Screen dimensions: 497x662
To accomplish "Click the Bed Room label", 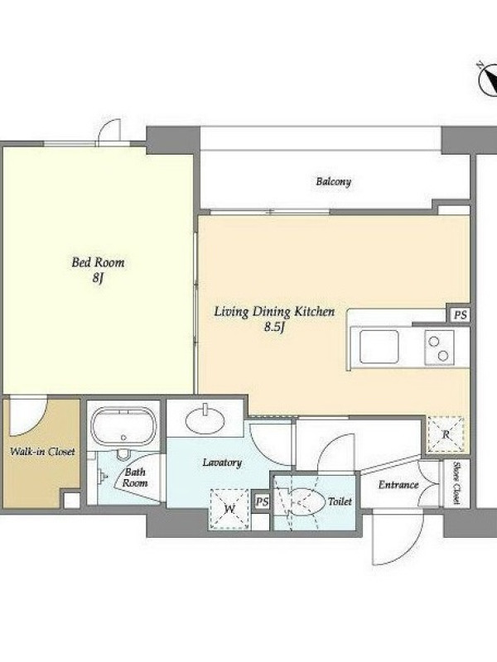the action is (x=98, y=262).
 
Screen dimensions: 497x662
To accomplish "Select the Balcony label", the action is (x=334, y=182).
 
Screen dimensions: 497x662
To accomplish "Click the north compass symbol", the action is (x=489, y=80).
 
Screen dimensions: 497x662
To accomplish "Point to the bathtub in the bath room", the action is (x=123, y=426).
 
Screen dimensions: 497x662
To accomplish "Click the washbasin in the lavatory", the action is (x=205, y=420).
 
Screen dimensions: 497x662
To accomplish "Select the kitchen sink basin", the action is (x=379, y=346).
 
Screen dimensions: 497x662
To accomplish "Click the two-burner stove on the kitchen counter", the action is (x=440, y=348).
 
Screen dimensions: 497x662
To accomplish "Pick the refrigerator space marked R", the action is (x=446, y=434).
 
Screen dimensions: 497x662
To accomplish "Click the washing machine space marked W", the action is (x=229, y=509).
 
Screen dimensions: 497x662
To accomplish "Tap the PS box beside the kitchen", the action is (x=461, y=315).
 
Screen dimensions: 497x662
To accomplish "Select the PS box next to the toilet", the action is (x=262, y=501).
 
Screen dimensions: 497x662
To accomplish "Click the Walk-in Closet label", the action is (x=42, y=451).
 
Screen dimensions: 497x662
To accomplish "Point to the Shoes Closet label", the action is (x=456, y=483).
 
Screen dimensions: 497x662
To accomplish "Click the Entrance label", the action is (x=398, y=485).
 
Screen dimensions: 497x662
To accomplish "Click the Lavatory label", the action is (x=222, y=463).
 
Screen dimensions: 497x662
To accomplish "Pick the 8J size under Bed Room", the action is (x=98, y=279).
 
